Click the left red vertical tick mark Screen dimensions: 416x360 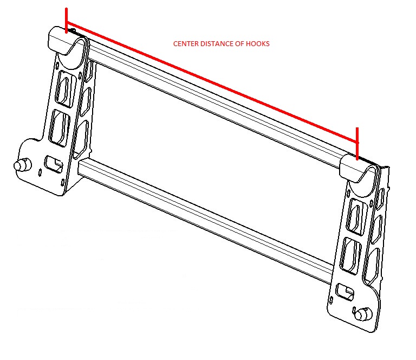click(66, 21)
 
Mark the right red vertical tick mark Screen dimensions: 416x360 click(357, 144)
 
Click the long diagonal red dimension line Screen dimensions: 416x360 click(212, 82)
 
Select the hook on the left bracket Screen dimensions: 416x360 click(68, 42)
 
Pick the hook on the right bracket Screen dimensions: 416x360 click(360, 172)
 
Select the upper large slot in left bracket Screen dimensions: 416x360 click(64, 89)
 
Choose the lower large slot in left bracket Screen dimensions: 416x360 click(59, 128)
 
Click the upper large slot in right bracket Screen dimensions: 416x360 click(355, 217)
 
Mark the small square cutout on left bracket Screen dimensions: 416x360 click(54, 164)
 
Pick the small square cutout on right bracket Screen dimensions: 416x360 click(344, 292)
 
